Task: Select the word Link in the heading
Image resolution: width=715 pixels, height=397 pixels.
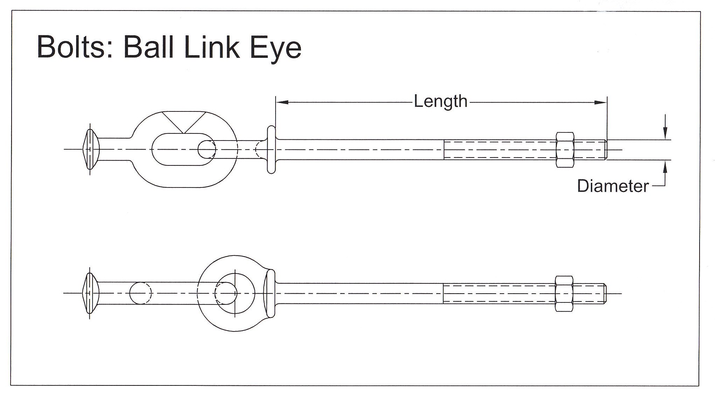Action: pyautogui.click(x=211, y=47)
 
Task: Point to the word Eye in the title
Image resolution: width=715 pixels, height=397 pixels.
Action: pyautogui.click(x=275, y=49)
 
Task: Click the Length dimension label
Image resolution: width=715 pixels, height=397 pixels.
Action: pyautogui.click(x=441, y=102)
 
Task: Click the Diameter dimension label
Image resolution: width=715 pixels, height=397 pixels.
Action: pyautogui.click(x=613, y=186)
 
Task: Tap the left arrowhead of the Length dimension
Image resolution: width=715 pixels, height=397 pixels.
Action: pyautogui.click(x=282, y=102)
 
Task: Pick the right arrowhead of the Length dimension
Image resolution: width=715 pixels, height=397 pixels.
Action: pyautogui.click(x=600, y=102)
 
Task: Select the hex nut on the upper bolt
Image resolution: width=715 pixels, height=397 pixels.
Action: pyautogui.click(x=565, y=150)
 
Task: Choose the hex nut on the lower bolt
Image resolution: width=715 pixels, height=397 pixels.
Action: pyautogui.click(x=564, y=293)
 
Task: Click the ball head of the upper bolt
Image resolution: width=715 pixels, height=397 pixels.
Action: pyautogui.click(x=91, y=149)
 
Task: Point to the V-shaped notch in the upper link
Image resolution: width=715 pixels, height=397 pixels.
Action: pyautogui.click(x=184, y=122)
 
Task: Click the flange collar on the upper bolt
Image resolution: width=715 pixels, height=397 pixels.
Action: pyautogui.click(x=271, y=150)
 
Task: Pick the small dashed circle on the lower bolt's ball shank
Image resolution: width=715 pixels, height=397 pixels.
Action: pyautogui.click(x=141, y=293)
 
